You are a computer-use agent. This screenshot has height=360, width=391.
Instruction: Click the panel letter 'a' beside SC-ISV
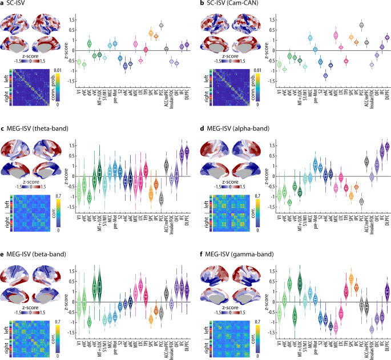pos(3,4)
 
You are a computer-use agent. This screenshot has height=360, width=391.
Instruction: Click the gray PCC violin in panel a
pos(161,25)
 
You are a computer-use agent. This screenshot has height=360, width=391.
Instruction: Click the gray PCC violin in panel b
pos(361,25)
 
